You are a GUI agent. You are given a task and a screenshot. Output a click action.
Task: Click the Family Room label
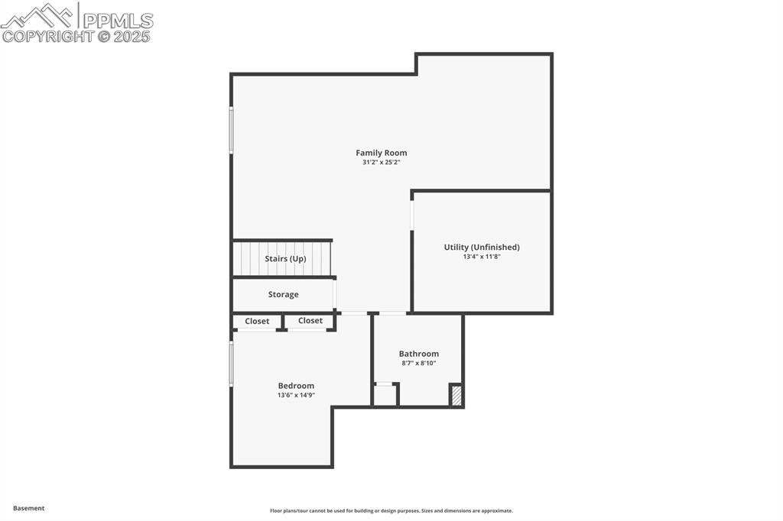[x=381, y=153]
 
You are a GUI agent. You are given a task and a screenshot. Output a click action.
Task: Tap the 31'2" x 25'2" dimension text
[x=381, y=162]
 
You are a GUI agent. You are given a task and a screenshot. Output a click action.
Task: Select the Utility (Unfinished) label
[x=482, y=247]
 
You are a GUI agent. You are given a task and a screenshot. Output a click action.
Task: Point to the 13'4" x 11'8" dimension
[x=482, y=257]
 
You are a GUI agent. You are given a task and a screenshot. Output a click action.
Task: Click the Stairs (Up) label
[x=285, y=258]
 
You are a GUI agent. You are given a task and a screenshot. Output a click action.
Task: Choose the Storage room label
[x=283, y=294]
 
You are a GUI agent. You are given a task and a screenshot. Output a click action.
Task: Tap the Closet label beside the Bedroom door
[x=310, y=320]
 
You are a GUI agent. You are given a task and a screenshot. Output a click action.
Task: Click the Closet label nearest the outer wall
[x=257, y=322]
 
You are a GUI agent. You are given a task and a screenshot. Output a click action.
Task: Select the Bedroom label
[x=296, y=386]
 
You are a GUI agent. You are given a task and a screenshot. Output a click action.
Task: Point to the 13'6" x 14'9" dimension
[x=296, y=395]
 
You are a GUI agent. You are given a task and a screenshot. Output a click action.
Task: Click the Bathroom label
[x=418, y=354]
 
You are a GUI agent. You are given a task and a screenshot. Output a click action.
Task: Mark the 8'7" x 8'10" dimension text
[x=418, y=364]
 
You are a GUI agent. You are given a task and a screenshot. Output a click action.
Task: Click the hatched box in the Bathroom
[x=456, y=395]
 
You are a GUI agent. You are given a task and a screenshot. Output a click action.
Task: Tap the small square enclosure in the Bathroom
[x=386, y=395]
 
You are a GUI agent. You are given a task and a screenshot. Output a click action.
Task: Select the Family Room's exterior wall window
[x=231, y=130]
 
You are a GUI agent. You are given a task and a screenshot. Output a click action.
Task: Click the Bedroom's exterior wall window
[x=231, y=364]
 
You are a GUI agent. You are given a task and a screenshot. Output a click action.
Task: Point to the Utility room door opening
[x=412, y=215]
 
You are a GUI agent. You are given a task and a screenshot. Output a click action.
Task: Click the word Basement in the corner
[x=28, y=508]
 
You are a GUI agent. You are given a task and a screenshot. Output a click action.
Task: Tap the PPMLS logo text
[x=118, y=21]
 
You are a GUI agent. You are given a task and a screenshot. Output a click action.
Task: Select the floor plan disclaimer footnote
[x=391, y=510]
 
